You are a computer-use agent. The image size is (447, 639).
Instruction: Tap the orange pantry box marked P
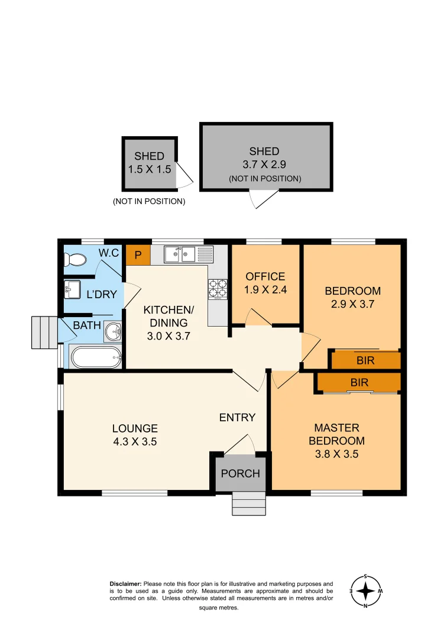[x=138, y=254]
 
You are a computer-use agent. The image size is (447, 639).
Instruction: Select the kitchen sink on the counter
[x=181, y=254]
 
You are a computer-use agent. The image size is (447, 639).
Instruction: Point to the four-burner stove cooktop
[x=218, y=288]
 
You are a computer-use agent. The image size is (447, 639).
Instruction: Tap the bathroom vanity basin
[x=112, y=332]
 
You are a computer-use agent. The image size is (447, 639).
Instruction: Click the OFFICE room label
[x=265, y=276]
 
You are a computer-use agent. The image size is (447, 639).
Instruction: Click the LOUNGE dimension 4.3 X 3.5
[x=135, y=441]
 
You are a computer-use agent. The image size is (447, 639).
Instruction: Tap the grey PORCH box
[x=240, y=473]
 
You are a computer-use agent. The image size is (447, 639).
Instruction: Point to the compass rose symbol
[x=366, y=590]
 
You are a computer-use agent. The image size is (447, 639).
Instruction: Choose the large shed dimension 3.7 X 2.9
[x=264, y=165]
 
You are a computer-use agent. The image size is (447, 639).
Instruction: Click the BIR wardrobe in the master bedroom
[x=359, y=383]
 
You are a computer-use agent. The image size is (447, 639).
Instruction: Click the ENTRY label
[x=237, y=417]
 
